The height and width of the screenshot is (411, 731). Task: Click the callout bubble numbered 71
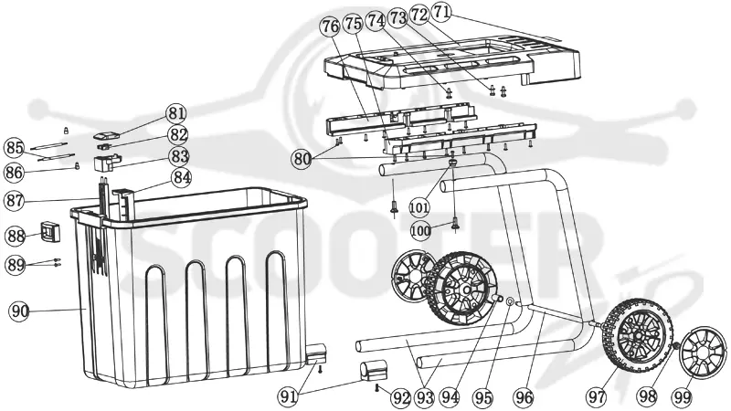click(440, 13)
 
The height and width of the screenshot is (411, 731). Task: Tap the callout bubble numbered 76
click(331, 26)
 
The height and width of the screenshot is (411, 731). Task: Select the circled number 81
click(176, 113)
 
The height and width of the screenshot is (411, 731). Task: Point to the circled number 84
click(181, 177)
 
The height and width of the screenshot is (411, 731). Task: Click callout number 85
click(14, 148)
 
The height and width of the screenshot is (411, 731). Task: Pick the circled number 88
click(16, 236)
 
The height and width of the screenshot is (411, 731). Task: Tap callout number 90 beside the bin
click(20, 311)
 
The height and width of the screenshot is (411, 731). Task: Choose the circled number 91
click(289, 396)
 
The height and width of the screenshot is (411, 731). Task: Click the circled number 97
click(598, 397)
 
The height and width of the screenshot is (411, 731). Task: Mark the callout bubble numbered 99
click(682, 397)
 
